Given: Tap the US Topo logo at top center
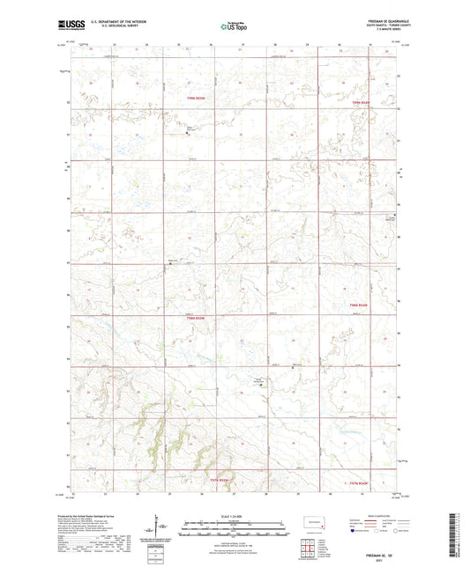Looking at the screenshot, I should (x=231, y=27).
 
